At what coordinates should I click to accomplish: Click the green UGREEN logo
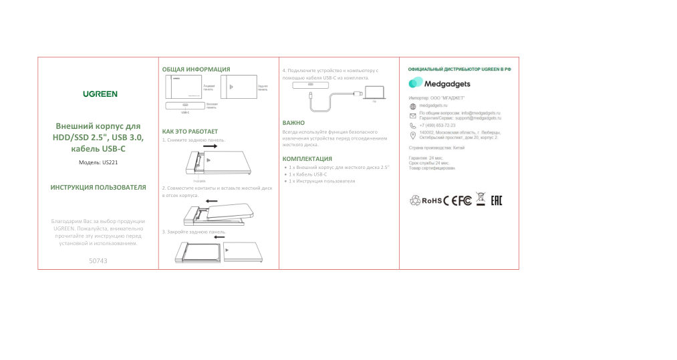100,94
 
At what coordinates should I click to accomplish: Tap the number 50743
98,260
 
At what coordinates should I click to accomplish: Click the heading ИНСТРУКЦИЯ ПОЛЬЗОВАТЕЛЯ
98,188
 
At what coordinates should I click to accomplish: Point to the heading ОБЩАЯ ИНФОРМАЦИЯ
196,69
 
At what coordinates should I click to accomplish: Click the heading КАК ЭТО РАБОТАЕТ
190,132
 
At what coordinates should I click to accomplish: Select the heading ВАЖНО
293,123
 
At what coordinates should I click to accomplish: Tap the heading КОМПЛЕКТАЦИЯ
307,158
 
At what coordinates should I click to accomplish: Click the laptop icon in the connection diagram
374,92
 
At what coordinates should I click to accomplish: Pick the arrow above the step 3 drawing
219,236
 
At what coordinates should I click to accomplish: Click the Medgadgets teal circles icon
416,83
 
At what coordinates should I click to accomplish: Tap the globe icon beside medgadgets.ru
412,106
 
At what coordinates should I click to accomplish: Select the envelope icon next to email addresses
412,116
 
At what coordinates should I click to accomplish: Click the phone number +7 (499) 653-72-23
437,125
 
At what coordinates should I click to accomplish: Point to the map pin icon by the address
412,135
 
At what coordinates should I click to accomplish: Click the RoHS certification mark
432,200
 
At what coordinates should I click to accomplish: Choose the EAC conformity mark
496,200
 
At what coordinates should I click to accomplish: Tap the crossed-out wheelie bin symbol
481,200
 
